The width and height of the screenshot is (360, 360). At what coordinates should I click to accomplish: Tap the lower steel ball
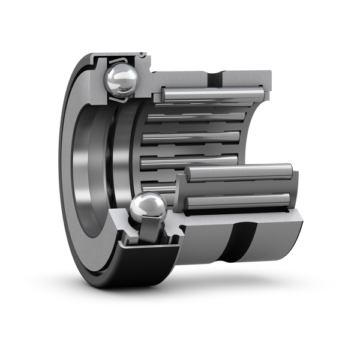pyautogui.click(x=147, y=209)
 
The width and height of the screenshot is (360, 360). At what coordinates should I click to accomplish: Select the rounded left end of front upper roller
pyautogui.click(x=188, y=174)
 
